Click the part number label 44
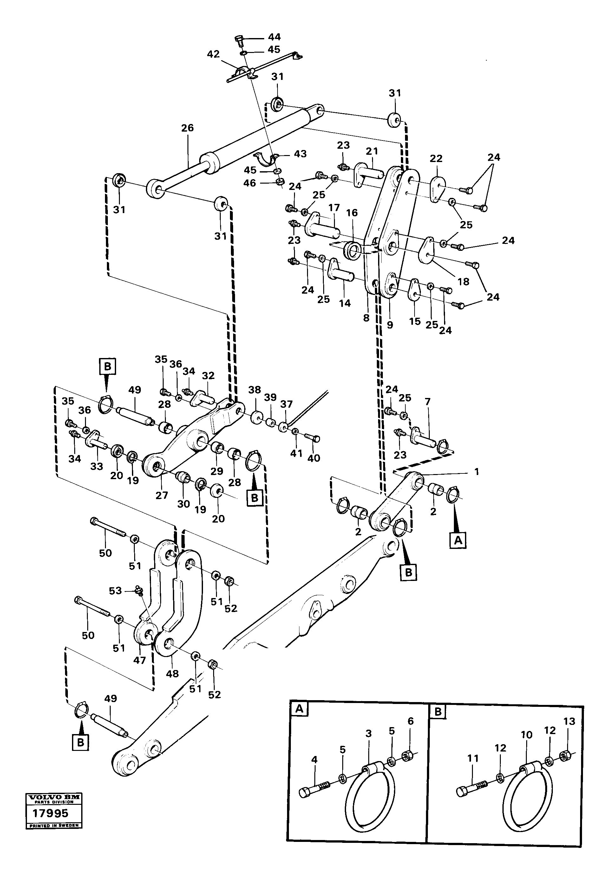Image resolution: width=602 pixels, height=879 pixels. [274, 37]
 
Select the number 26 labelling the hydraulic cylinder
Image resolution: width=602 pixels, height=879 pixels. [187, 128]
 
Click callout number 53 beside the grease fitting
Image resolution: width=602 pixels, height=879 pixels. [115, 591]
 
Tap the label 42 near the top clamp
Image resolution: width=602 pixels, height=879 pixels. [213, 54]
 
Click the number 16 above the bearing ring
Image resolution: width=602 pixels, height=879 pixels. [352, 213]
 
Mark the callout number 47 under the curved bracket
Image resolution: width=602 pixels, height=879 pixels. [140, 661]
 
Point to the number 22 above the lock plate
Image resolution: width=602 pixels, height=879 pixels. [436, 159]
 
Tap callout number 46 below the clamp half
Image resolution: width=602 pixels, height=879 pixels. [249, 183]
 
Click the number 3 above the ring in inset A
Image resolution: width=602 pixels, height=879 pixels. [369, 734]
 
